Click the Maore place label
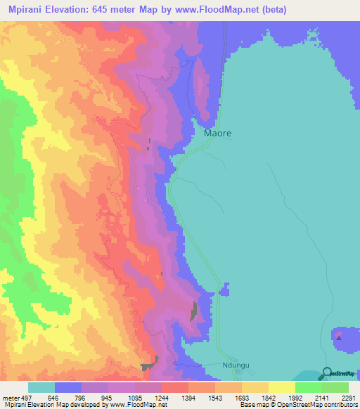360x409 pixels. click(217, 133)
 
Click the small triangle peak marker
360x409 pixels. click(339, 337)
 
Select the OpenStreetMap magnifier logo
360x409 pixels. click(326, 373)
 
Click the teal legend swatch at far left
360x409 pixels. click(41, 387)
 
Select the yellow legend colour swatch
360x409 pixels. click(281, 387)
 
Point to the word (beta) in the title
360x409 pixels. click(269, 10)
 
